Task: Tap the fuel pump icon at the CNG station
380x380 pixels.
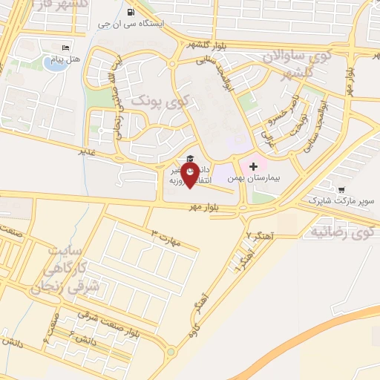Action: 131,12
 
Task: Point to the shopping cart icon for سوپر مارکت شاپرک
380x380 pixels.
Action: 341,189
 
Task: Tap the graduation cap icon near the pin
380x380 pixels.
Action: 189,158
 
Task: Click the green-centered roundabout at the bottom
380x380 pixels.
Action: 170,352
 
